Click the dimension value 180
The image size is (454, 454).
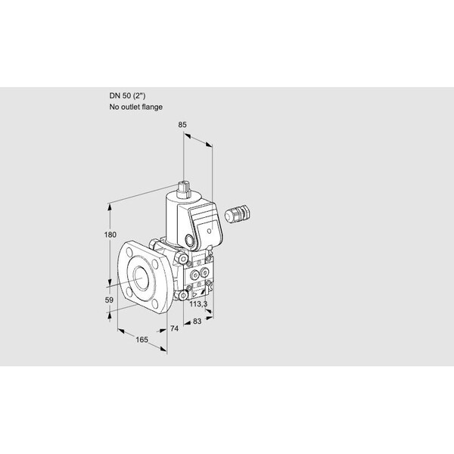110,235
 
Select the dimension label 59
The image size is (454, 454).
109,300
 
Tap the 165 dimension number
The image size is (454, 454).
142,339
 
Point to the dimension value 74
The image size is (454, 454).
174,328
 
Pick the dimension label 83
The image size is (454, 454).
197,321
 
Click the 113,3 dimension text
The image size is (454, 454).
198,303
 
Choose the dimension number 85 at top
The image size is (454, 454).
182,125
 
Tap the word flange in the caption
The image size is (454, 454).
152,107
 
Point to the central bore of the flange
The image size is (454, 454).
142,278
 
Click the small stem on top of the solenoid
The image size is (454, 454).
183,189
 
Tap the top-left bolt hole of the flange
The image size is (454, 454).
129,250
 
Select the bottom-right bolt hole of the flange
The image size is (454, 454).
155,303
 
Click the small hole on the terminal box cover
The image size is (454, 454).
210,231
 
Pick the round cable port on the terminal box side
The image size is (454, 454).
190,240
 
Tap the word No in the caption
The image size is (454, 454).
113,107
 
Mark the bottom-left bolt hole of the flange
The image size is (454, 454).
129,294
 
